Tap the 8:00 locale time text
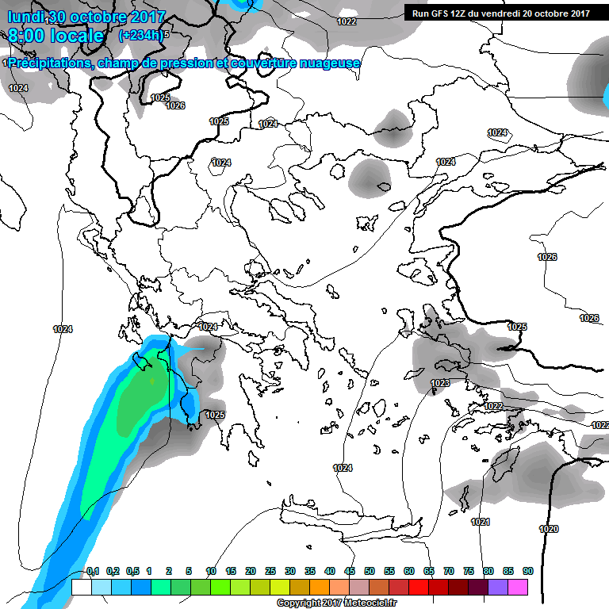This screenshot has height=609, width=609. [x=56, y=36]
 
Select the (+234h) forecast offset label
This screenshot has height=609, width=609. [x=140, y=35]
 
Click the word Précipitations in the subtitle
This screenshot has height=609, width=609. [x=49, y=63]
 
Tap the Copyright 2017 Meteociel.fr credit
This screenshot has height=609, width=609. [x=336, y=603]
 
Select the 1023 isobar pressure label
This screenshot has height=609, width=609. [x=441, y=383]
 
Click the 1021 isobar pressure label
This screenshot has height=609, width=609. [x=481, y=522]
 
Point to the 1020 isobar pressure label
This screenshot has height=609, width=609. [x=549, y=529]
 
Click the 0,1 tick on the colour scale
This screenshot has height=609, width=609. [x=93, y=571]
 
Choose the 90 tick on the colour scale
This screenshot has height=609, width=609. [x=527, y=571]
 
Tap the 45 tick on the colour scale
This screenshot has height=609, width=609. [x=350, y=571]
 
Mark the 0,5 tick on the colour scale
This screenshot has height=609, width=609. [x=132, y=571]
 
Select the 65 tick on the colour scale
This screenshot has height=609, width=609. [x=429, y=571]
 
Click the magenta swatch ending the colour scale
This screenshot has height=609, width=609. [x=518, y=587]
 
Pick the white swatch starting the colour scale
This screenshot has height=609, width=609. [x=82, y=587]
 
